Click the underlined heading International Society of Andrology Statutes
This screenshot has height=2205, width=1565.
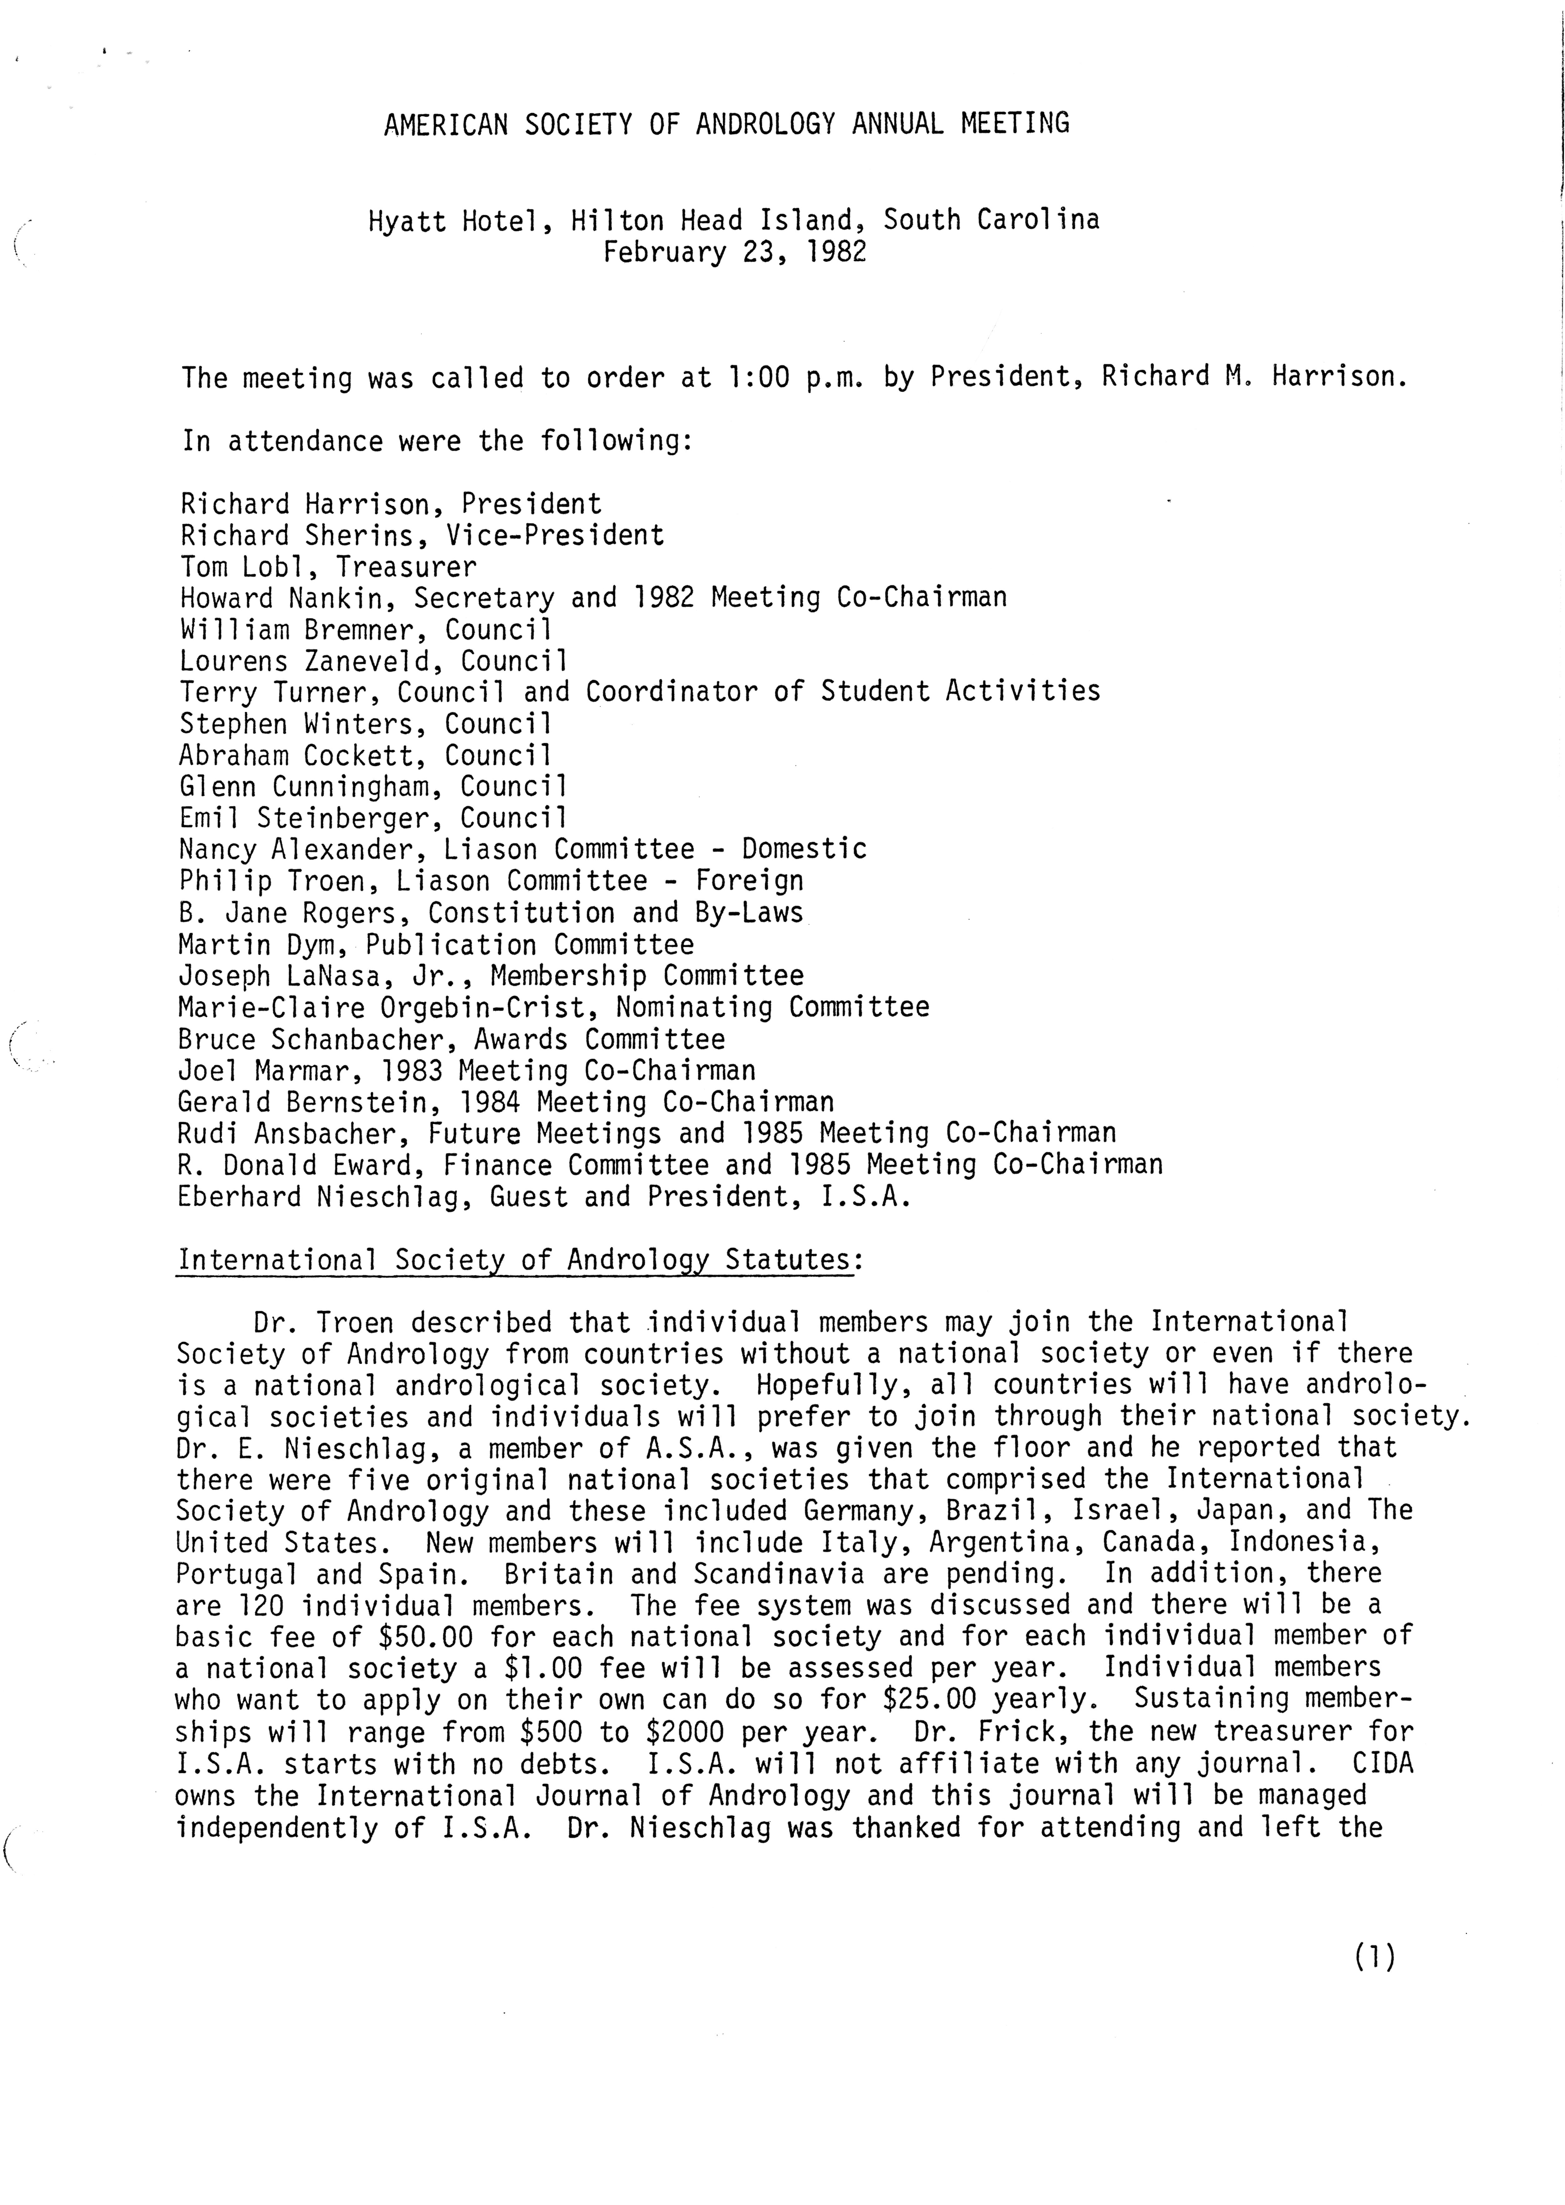514,1260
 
